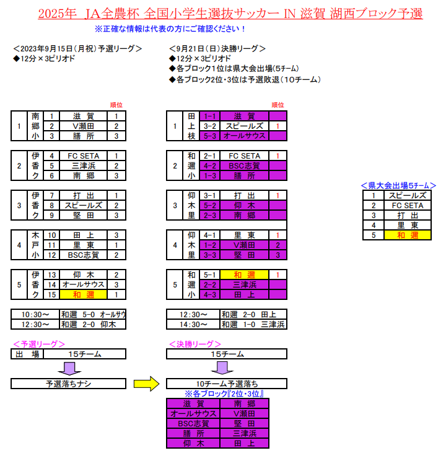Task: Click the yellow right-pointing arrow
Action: (x=146, y=384)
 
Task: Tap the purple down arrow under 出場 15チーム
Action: (x=69, y=368)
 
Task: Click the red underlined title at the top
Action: (x=230, y=14)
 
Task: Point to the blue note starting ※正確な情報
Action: (x=170, y=29)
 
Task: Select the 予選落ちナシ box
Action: (x=69, y=384)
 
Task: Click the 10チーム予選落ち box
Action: (x=227, y=384)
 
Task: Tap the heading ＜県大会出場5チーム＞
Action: (x=399, y=185)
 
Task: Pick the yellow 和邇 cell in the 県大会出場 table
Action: (x=408, y=235)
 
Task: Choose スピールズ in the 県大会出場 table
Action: (x=408, y=196)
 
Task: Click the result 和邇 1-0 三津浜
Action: (x=253, y=325)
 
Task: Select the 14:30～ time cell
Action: (x=193, y=325)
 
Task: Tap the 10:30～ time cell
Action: (x=35, y=314)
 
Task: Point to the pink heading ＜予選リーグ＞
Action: (x=39, y=344)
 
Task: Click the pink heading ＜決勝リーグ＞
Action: (x=195, y=344)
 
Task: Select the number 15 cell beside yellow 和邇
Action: (x=51, y=295)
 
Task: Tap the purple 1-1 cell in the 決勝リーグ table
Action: (x=210, y=116)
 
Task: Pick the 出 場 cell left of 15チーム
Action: (x=27, y=354)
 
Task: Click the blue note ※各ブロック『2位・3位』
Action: (x=224, y=394)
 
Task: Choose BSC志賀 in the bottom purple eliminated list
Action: (x=193, y=423)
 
